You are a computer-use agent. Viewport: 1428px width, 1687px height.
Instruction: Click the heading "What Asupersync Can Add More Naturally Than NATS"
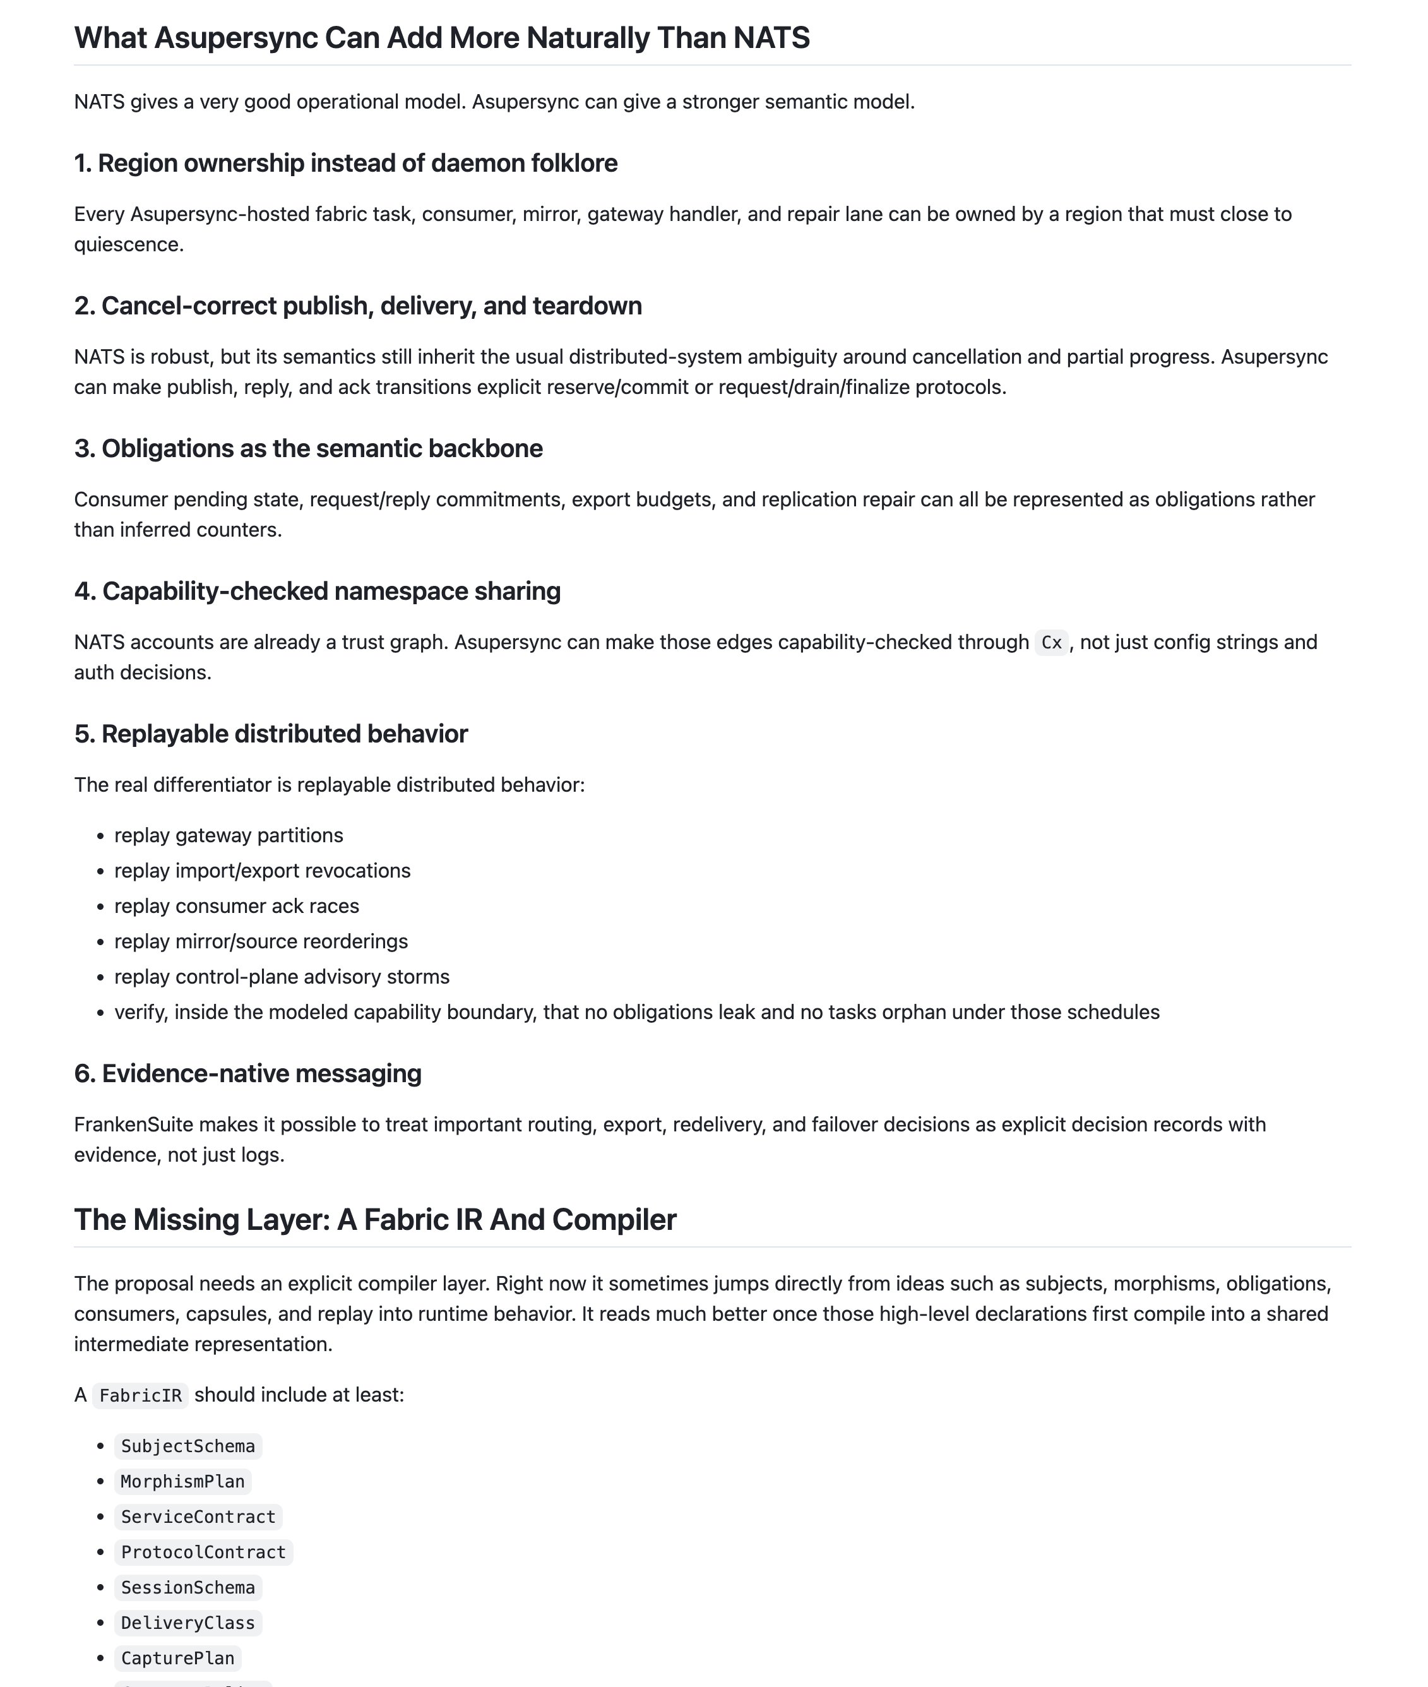coord(441,38)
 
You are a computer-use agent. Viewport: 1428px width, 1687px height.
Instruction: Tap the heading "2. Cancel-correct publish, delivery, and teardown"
coord(358,306)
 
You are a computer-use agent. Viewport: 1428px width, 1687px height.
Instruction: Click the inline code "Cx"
coord(1050,643)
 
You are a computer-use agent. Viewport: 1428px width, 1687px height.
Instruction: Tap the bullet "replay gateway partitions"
coord(229,835)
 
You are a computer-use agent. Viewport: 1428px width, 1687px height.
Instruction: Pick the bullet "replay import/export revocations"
coord(262,871)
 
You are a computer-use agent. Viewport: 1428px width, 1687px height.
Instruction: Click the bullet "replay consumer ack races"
coord(236,906)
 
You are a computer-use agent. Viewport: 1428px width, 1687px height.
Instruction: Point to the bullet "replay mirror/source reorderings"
coord(261,941)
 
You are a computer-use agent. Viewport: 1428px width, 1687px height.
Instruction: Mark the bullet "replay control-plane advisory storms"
coord(282,977)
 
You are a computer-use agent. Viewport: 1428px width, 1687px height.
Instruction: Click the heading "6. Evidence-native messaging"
coord(247,1073)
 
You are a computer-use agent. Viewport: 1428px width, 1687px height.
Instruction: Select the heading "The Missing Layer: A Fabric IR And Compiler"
coord(375,1220)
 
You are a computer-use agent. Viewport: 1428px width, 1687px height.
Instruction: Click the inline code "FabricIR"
coord(140,1395)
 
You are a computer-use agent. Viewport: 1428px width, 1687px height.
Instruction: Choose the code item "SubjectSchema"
coord(187,1446)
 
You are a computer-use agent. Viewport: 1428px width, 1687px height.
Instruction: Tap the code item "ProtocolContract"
coord(203,1553)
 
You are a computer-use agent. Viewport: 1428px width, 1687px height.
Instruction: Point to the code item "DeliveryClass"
coord(187,1623)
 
